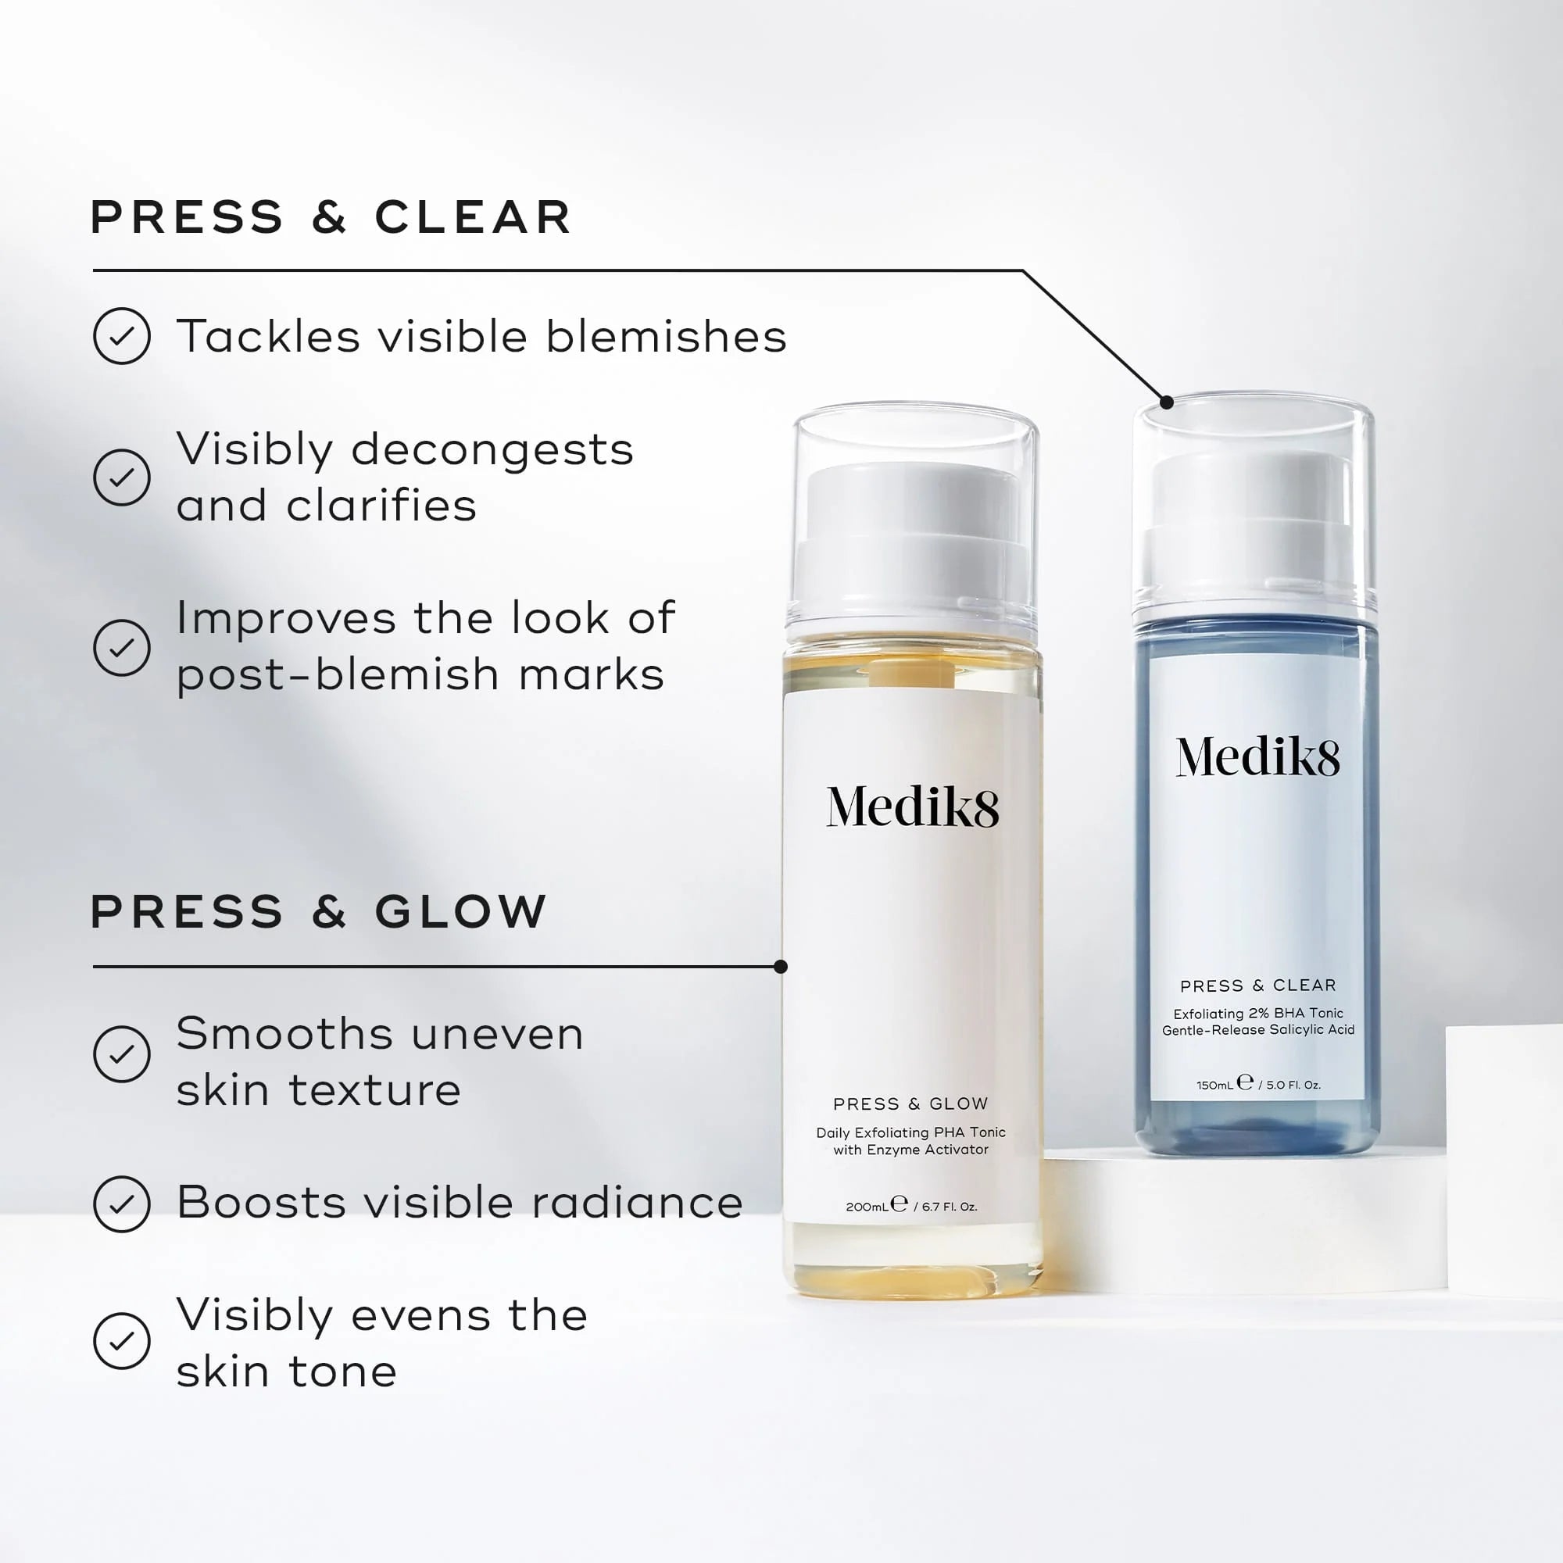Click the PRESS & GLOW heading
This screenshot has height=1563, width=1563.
[319, 912]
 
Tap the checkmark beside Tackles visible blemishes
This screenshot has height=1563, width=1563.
[121, 336]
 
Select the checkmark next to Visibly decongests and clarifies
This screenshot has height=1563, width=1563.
[121, 477]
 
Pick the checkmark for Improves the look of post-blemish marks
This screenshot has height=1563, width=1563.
[121, 647]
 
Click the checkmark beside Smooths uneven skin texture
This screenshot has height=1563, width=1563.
[121, 1054]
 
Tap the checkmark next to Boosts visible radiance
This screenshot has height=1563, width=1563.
[121, 1204]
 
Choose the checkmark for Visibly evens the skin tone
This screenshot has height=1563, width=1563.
[121, 1341]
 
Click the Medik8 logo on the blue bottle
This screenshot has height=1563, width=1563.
[1257, 758]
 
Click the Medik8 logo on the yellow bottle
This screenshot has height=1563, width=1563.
[912, 807]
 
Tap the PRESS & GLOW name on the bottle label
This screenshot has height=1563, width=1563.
[910, 1104]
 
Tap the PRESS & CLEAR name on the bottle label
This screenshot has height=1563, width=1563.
[1258, 985]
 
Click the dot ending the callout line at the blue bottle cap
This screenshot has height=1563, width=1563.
[1167, 402]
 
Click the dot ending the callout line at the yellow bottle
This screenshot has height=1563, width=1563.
[781, 967]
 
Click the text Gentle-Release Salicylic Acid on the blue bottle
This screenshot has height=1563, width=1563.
[1258, 1030]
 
